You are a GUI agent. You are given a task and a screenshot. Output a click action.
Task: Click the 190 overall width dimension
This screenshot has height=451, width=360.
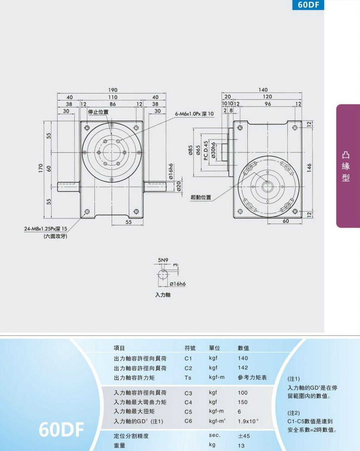tap(113, 90)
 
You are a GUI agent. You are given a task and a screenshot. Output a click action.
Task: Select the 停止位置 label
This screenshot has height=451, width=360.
tap(98, 112)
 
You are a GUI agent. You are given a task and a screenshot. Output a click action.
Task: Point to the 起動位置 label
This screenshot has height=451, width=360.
tap(201, 197)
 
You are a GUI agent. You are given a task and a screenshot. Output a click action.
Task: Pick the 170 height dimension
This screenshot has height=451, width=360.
tap(41, 168)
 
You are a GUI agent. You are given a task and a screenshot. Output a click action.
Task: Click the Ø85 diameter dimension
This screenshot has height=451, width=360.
tap(190, 150)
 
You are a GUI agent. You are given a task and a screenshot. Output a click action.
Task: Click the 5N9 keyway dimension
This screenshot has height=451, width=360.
tap(163, 260)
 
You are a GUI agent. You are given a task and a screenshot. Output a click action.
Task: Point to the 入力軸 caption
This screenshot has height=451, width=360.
tap(163, 295)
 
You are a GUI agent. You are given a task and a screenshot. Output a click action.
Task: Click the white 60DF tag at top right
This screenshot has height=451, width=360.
tap(308, 5)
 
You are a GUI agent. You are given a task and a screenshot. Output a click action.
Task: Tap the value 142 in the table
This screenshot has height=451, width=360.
tap(243, 368)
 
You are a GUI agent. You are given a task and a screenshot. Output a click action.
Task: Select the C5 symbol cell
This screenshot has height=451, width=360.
tap(188, 412)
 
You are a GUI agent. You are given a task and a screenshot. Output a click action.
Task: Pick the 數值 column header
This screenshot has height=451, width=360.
tap(243, 348)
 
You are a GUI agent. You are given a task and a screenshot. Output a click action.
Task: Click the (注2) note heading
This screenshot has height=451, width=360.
tap(294, 413)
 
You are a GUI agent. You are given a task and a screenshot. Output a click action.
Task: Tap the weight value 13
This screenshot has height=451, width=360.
tap(241, 446)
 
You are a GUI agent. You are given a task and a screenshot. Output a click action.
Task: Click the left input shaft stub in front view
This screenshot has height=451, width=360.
tap(68, 187)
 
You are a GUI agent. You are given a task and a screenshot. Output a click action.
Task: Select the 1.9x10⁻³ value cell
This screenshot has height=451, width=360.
tap(248, 421)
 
